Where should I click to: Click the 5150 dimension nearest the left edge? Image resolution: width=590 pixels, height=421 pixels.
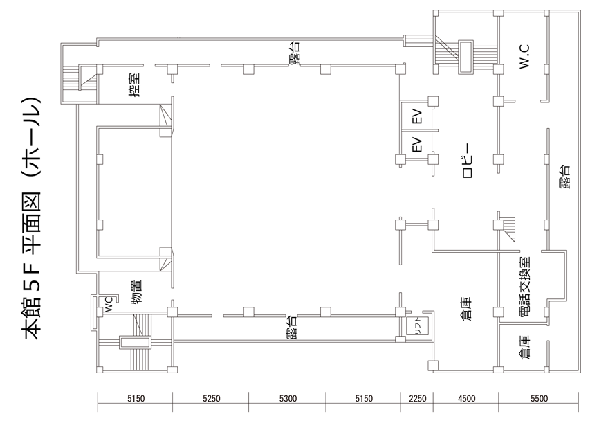click(x=136, y=398)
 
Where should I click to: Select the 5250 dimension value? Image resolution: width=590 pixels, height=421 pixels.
click(x=212, y=398)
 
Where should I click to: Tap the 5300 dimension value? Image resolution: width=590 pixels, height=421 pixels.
click(x=288, y=398)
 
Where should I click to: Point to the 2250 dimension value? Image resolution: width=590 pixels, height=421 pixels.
click(x=418, y=398)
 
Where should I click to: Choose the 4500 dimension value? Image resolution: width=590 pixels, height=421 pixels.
click(x=467, y=398)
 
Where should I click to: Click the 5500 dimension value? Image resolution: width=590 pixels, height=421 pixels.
click(x=539, y=398)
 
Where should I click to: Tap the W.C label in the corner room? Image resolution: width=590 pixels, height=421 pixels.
click(x=524, y=56)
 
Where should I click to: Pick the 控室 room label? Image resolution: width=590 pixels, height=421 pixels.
click(x=135, y=85)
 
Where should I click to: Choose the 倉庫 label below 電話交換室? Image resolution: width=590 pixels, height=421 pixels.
click(x=524, y=347)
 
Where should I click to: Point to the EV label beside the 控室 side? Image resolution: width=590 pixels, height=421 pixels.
click(x=417, y=116)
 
